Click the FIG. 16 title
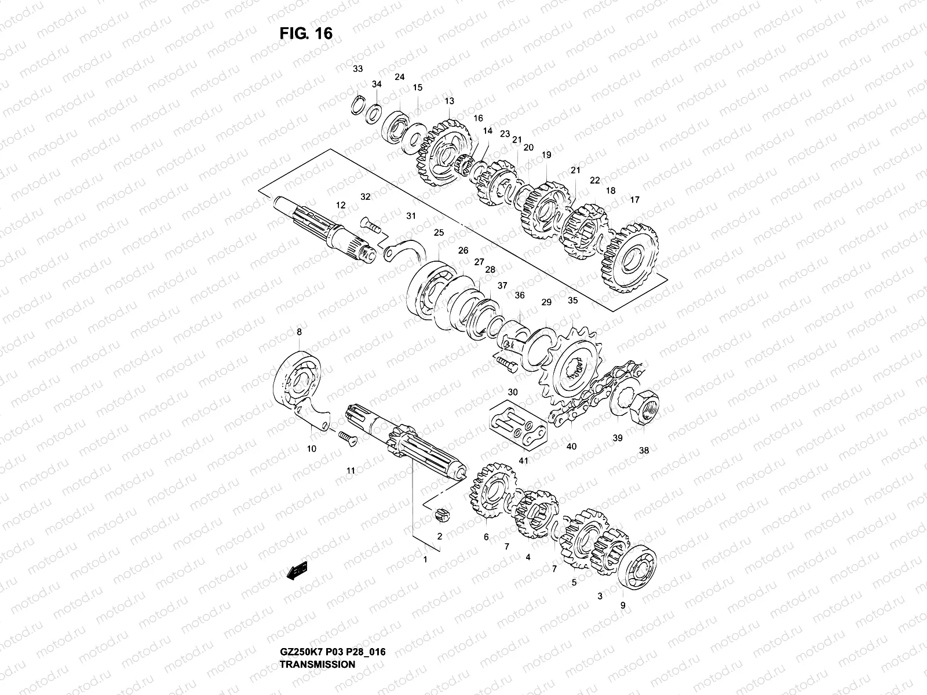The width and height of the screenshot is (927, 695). tap(306, 33)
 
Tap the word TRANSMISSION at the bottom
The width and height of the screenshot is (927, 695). tap(317, 632)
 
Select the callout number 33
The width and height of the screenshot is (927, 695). tap(358, 69)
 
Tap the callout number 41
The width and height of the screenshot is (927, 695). tap(524, 460)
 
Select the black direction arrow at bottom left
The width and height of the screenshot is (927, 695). tap(296, 572)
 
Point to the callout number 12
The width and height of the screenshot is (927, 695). tap(341, 205)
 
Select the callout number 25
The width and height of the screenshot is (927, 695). tap(439, 233)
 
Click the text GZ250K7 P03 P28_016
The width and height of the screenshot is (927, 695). tap(333, 620)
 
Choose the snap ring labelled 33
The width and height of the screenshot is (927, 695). tap(359, 105)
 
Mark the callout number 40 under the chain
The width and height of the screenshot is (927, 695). tap(571, 446)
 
